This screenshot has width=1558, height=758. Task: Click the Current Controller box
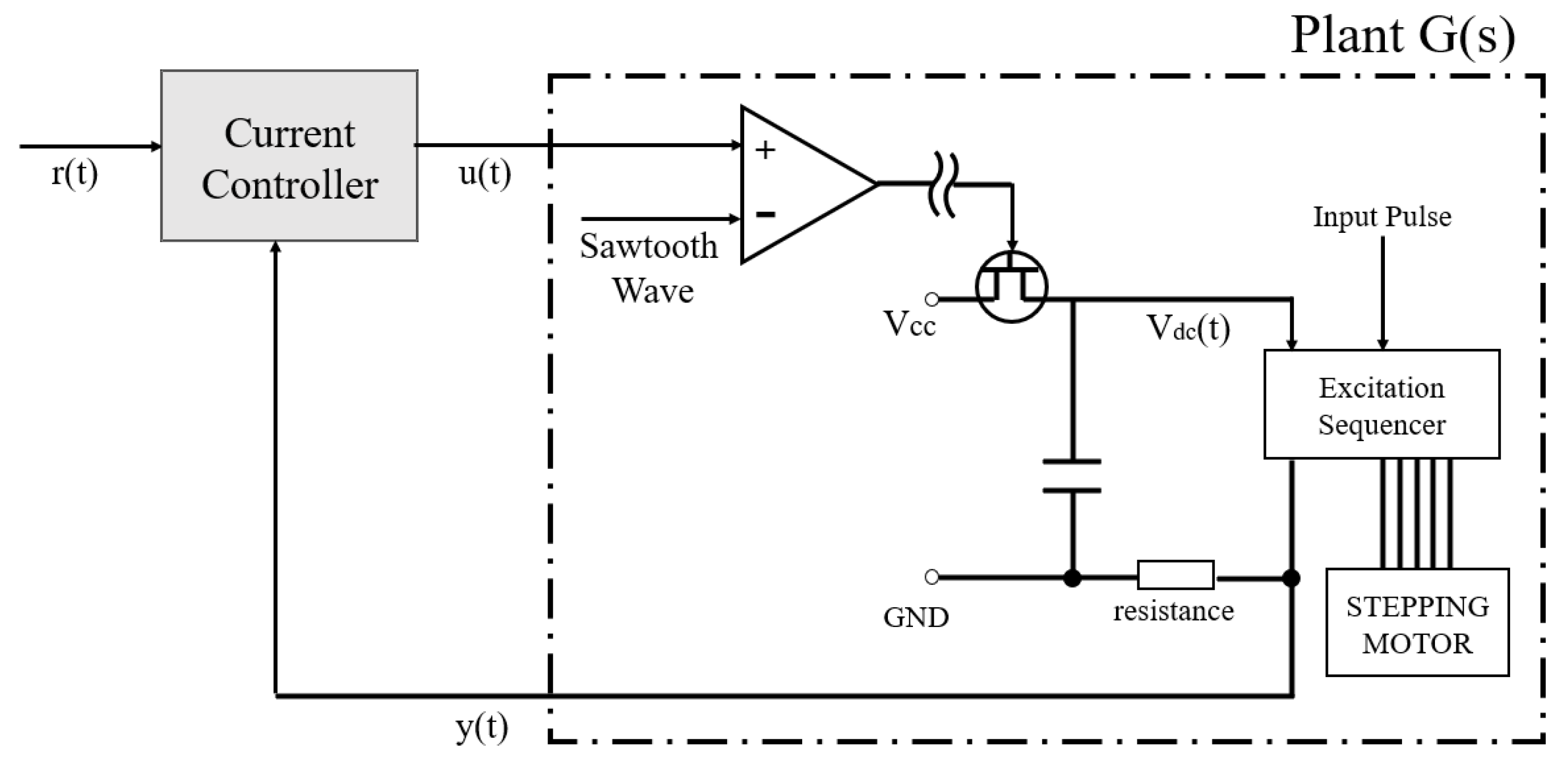[289, 156]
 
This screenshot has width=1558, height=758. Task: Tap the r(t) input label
[75, 174]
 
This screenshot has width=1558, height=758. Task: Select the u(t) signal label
[485, 174]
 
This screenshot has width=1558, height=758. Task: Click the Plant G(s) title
[1402, 36]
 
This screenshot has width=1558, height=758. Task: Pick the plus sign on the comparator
[765, 150]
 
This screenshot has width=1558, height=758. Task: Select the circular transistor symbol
[1012, 287]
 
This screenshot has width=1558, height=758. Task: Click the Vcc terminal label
[909, 324]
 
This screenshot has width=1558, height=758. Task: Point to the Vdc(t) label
[1188, 329]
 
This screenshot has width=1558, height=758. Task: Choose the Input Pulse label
[1382, 217]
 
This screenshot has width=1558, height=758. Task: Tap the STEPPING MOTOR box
[1417, 623]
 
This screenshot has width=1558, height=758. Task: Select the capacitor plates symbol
[1072, 476]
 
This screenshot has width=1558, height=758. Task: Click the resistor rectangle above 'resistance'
[1175, 575]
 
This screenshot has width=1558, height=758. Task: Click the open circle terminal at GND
[932, 577]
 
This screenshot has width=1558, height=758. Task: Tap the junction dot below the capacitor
[1072, 578]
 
